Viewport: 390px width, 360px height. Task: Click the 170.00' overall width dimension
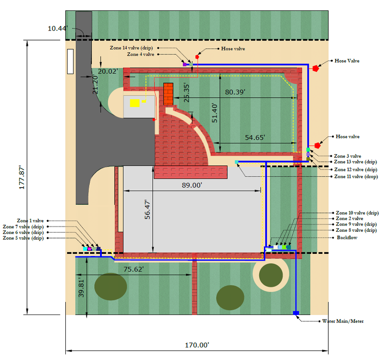click(197, 345)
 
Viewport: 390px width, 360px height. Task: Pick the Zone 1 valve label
click(30, 220)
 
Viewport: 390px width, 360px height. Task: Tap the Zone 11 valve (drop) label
click(355, 177)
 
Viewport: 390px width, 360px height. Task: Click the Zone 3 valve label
click(347, 156)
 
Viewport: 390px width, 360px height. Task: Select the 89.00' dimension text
click(191, 185)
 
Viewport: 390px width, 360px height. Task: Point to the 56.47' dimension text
click(147, 210)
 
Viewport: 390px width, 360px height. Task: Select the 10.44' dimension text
click(58, 28)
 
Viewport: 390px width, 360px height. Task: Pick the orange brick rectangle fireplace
click(168, 94)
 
